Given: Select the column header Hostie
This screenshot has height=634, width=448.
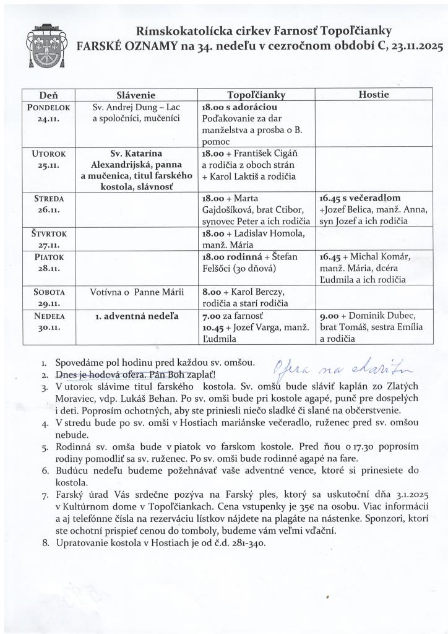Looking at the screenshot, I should [x=373, y=94].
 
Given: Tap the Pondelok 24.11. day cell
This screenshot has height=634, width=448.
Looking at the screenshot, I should [x=48, y=113].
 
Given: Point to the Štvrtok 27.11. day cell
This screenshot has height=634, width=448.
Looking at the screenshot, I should [x=48, y=238].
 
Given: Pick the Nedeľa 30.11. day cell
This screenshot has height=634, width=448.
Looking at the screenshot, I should [x=48, y=321].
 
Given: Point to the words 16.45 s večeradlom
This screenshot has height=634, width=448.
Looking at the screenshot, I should [x=360, y=199].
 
